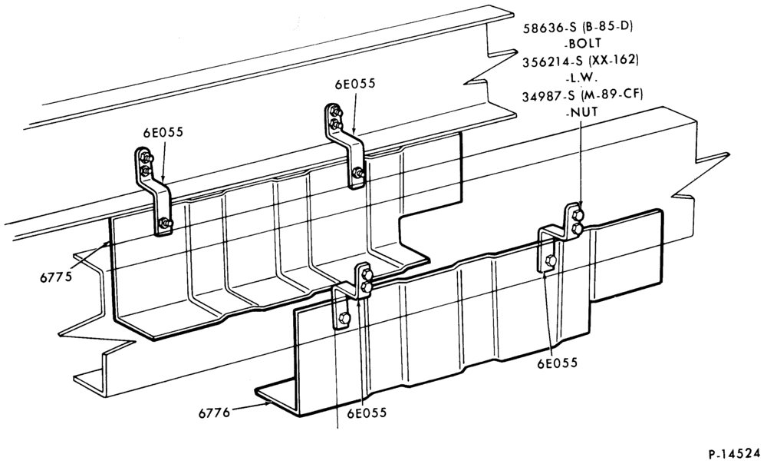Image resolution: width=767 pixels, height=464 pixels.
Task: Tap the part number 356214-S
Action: point(553,61)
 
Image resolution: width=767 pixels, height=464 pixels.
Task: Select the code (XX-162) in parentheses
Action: point(614,61)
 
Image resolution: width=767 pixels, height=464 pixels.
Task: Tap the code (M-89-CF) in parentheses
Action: point(612,95)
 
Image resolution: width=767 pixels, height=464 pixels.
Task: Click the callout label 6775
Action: point(56,277)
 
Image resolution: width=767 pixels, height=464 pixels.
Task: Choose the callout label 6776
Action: point(214,413)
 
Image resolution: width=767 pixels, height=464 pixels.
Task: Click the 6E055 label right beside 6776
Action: point(367,413)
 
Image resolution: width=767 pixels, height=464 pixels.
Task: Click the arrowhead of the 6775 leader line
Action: point(107,244)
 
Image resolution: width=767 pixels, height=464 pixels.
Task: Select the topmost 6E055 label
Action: point(355,84)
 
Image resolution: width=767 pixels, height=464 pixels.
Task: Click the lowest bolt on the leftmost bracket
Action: point(165,224)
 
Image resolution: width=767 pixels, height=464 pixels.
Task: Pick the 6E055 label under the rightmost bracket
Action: point(558,363)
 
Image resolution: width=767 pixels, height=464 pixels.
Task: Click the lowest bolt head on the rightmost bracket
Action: point(550,260)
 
